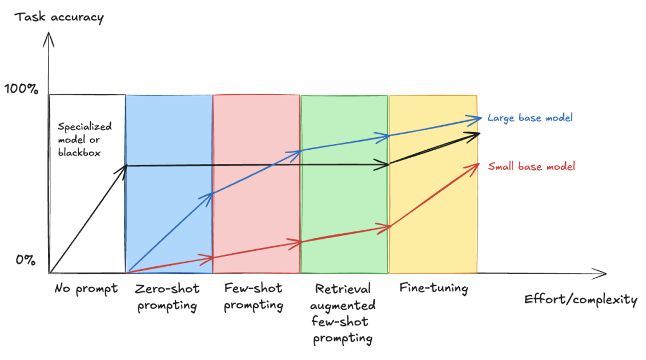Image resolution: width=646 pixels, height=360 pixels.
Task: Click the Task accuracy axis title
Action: pos(59,17)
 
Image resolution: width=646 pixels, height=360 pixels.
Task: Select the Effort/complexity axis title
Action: pos(580,299)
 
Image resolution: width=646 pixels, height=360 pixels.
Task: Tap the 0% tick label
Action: pos(26,260)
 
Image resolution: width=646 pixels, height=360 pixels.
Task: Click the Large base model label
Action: pos(529,118)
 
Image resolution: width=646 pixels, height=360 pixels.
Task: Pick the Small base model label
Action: pos(531,166)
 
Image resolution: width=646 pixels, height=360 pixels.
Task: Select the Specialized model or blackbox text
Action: pos(85,139)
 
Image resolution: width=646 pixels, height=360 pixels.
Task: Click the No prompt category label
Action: pos(86,288)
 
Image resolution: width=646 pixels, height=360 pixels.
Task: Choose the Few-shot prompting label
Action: pos(254,297)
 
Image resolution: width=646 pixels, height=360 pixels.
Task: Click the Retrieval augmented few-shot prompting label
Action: pos(343,313)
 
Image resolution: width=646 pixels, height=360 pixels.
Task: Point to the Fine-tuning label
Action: pos(434,288)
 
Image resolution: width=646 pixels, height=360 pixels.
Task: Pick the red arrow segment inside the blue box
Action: pos(171,265)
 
